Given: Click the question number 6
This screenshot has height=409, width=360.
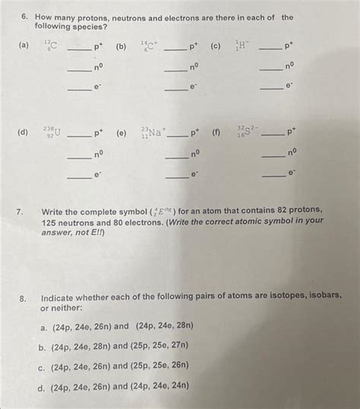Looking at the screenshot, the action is [x=25, y=16].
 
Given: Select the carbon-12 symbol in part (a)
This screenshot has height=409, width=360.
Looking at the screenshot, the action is [x=51, y=46].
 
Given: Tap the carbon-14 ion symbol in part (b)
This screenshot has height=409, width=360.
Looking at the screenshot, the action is [x=148, y=46].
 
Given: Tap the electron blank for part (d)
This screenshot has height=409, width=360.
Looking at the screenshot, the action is [x=78, y=176].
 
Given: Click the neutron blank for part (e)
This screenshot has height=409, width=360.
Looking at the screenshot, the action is [x=176, y=156].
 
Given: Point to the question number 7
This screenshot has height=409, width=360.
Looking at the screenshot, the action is [x=26, y=209].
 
